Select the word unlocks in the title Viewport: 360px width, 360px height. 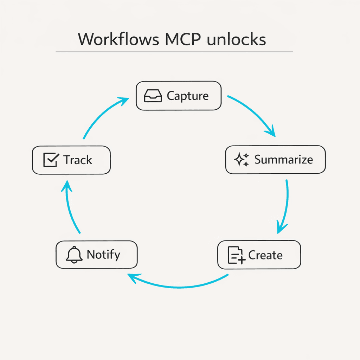click(236, 39)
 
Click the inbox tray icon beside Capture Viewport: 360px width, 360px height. click(153, 96)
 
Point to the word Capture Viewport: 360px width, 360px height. click(188, 96)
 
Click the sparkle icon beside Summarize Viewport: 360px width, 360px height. click(242, 160)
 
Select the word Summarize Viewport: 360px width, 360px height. click(283, 160)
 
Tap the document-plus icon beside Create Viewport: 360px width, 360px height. click(236, 255)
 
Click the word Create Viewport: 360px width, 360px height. click(265, 255)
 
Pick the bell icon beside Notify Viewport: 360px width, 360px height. click(74, 255)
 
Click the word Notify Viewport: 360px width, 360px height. click(103, 254)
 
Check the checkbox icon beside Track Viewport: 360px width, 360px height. click(51, 160)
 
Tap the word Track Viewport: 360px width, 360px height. click(78, 160)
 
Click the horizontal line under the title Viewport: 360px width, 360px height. click(174, 52)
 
